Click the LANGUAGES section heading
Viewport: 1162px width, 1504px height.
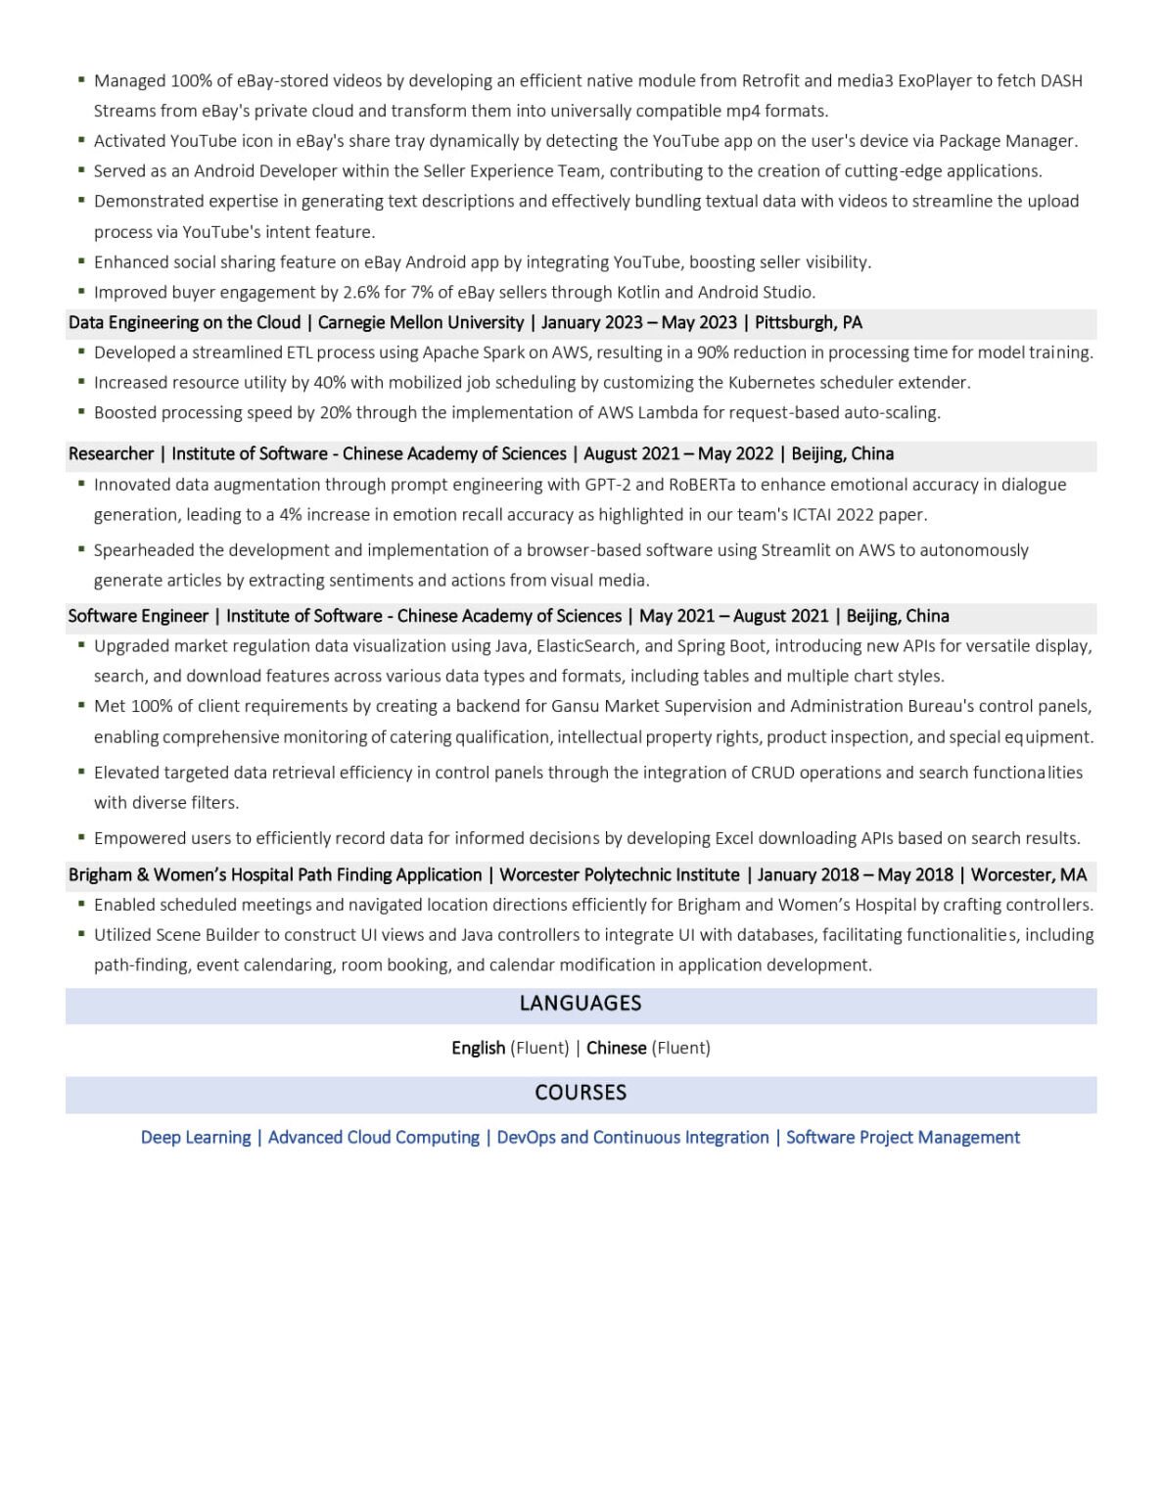581,1003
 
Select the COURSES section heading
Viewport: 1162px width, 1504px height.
581,1092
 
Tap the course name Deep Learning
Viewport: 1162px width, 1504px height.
196,1137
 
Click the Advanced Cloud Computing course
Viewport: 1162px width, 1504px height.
374,1137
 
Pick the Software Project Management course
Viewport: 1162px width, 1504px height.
903,1137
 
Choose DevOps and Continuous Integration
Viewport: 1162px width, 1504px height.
632,1137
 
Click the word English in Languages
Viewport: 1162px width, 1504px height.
478,1048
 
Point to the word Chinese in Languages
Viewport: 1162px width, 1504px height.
616,1048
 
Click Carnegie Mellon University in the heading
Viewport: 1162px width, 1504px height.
421,322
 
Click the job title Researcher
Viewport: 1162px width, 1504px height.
111,453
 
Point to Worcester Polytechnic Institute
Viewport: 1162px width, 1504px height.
620,874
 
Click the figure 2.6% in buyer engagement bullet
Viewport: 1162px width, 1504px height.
361,292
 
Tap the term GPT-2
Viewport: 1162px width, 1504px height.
607,484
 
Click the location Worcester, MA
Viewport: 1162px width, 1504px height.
1029,874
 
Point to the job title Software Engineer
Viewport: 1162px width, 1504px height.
138,616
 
